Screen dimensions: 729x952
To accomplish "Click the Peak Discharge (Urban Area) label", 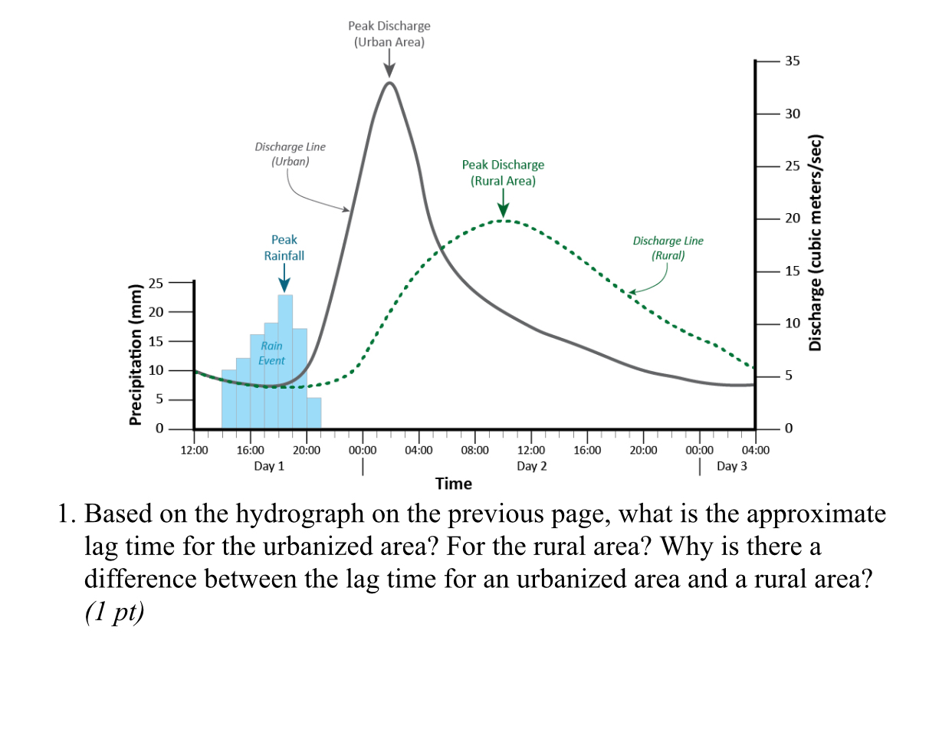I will [x=389, y=34].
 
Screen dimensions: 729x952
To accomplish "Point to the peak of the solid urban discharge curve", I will [x=389, y=82].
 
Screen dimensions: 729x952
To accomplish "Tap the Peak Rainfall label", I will [x=284, y=248].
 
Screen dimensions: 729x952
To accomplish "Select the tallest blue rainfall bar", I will [x=284, y=360].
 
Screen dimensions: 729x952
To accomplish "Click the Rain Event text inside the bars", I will [x=271, y=353].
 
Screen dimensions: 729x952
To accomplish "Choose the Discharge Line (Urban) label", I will [x=290, y=153].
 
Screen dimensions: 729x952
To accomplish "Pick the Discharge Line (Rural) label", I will [x=667, y=248].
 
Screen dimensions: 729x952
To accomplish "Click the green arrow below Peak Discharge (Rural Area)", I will [x=503, y=204].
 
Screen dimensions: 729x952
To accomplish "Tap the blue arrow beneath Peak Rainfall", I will [x=284, y=277].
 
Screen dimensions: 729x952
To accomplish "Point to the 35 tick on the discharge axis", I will [x=791, y=61].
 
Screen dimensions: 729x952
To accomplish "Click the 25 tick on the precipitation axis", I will [x=156, y=283].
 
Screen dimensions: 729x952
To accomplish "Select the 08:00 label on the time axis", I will [x=474, y=451].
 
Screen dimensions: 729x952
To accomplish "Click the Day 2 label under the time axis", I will [x=531, y=466].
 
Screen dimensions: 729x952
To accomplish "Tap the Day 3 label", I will [x=731, y=466].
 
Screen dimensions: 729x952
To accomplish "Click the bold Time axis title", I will [x=454, y=484].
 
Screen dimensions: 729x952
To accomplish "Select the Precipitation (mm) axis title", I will [x=136, y=353].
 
